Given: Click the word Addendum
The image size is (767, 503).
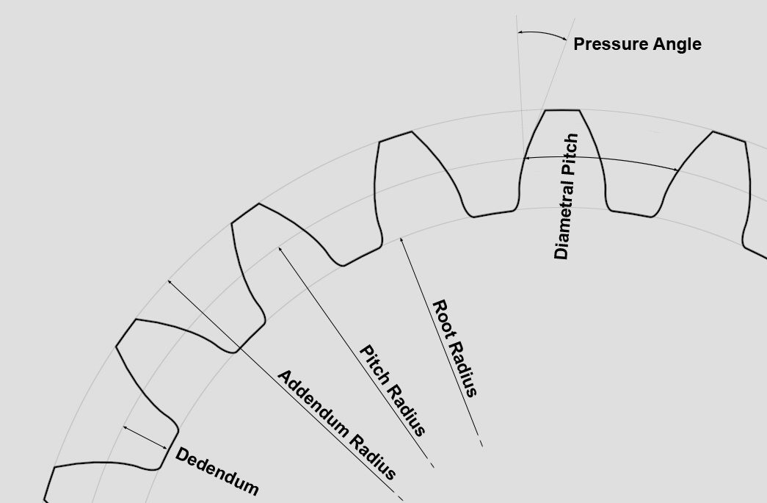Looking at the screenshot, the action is (314, 404).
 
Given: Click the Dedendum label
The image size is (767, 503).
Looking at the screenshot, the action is (217, 471).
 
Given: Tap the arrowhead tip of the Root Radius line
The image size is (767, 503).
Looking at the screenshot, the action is (401, 238).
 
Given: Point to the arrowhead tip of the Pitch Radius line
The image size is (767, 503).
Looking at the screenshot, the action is (279, 247).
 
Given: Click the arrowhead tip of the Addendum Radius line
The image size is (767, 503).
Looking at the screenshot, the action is (168, 281).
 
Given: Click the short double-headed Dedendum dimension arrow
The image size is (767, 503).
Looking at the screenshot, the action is (145, 438).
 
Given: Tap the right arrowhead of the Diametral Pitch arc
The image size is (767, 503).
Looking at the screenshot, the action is (678, 170).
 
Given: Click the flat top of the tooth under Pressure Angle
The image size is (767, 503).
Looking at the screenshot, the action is (562, 110).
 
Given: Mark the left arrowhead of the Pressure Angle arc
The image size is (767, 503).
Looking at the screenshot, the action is (518, 33).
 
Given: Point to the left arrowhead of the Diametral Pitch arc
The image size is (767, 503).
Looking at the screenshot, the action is (523, 158).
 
